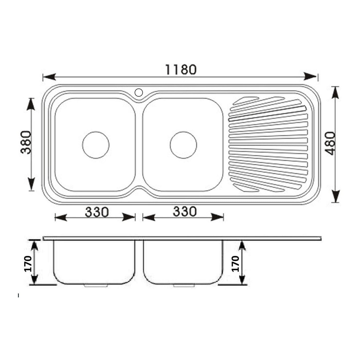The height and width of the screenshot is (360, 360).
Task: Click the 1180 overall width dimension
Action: tap(181, 69)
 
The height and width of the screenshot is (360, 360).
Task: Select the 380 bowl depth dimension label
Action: tap(25, 142)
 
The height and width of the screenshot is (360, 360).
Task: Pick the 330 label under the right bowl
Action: tap(185, 211)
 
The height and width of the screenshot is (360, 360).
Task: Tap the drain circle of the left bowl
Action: tap(96, 145)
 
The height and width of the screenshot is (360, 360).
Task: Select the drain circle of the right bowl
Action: tap(183, 145)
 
